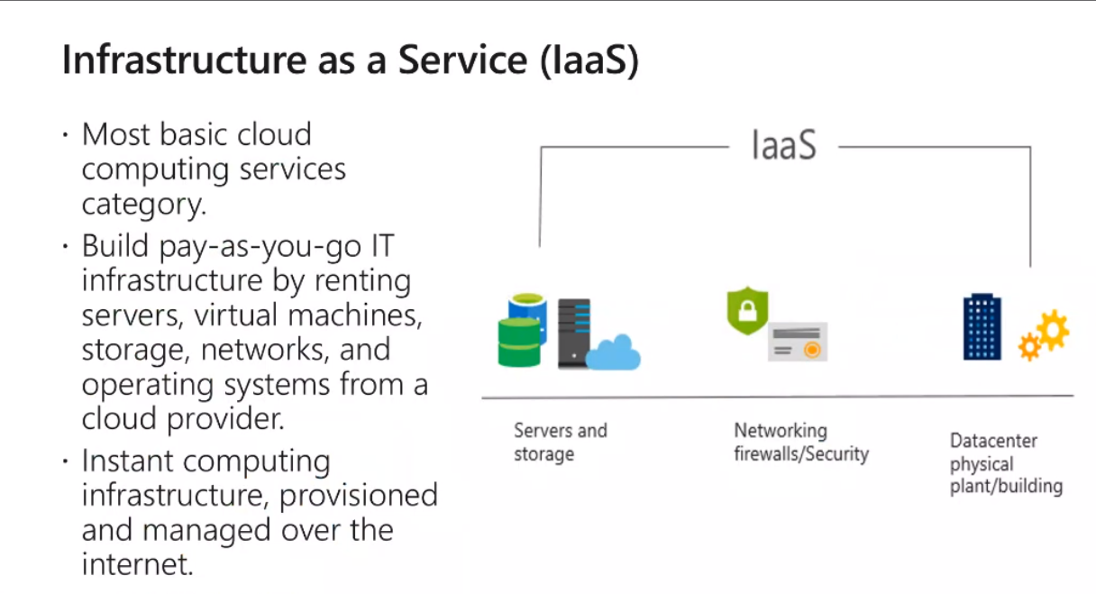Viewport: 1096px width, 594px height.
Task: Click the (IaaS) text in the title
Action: (x=591, y=60)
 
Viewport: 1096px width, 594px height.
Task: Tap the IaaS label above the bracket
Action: (x=783, y=145)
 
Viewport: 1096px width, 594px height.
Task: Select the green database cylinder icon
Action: (x=520, y=343)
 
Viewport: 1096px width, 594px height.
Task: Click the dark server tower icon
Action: (x=573, y=334)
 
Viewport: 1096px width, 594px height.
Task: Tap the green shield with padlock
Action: (x=747, y=311)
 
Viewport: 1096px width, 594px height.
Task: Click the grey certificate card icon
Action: (x=798, y=343)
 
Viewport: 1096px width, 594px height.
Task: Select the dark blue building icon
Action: (x=982, y=326)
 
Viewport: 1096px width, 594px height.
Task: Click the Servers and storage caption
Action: (x=560, y=442)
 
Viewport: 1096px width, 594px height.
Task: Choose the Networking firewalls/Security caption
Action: (x=800, y=442)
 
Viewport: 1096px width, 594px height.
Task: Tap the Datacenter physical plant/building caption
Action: (x=1005, y=464)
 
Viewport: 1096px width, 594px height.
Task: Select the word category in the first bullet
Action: (x=142, y=205)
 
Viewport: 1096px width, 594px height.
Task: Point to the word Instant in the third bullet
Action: (x=134, y=461)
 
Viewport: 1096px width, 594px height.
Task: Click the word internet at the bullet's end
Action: (x=136, y=565)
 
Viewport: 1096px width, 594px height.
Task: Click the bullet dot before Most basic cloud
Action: (x=66, y=137)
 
